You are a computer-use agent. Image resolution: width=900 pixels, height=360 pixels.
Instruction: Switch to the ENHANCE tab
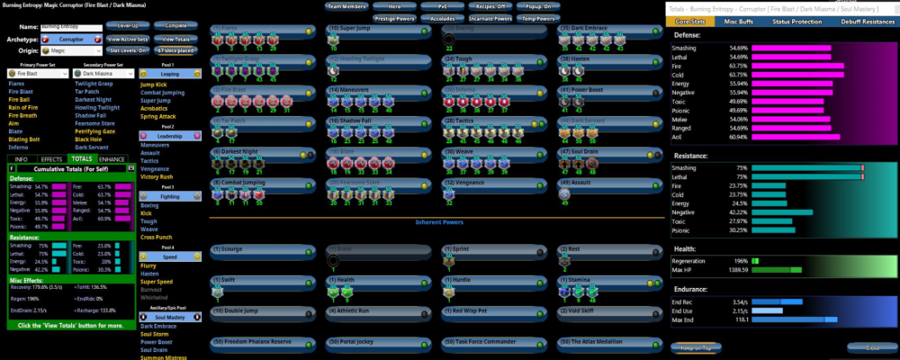coord(113,158)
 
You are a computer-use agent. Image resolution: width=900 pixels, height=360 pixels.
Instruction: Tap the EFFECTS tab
coord(52,158)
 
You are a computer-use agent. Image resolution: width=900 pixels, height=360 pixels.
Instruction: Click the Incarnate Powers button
coord(490,18)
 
